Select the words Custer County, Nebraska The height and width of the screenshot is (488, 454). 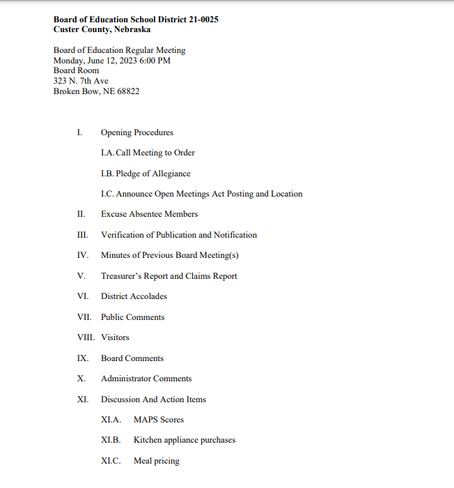pyautogui.click(x=102, y=30)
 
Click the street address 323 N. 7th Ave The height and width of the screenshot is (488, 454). pyautogui.click(x=81, y=81)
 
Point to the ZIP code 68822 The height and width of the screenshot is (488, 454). pyautogui.click(x=127, y=91)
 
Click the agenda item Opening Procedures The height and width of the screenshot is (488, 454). pyautogui.click(x=137, y=132)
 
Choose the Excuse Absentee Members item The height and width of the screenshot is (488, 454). pyautogui.click(x=149, y=214)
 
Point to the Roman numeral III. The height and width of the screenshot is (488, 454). pyautogui.click(x=83, y=235)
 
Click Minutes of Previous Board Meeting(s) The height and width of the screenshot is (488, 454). pyautogui.click(x=170, y=255)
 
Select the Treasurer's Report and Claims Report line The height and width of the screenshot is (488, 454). pyautogui.click(x=169, y=276)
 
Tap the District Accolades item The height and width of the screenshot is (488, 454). pyautogui.click(x=134, y=296)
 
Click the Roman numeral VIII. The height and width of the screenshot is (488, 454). pyautogui.click(x=86, y=337)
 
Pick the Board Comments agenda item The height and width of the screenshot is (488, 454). pyautogui.click(x=132, y=358)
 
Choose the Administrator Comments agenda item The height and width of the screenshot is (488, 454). pyautogui.click(x=146, y=379)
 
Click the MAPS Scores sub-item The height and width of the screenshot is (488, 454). pyautogui.click(x=159, y=420)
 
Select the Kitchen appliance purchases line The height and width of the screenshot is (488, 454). pyautogui.click(x=185, y=441)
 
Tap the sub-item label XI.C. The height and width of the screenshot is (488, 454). pyautogui.click(x=111, y=461)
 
